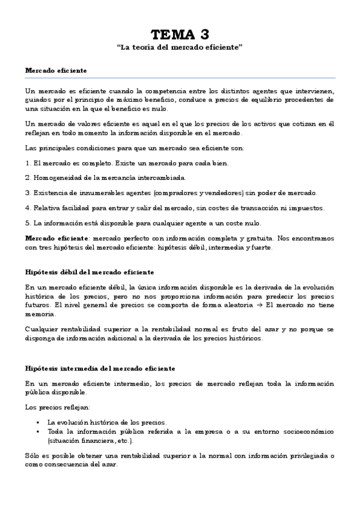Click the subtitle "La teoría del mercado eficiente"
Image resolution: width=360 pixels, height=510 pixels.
pos(180,47)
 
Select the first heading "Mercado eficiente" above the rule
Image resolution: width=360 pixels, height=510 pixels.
pos(55,70)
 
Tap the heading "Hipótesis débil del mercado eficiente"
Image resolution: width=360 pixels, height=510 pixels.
pos(90,272)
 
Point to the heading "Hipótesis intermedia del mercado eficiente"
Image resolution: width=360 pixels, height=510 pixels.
pos(100,367)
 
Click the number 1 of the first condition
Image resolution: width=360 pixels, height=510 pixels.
pos(27,163)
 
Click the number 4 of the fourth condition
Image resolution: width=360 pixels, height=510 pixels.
pos(27,207)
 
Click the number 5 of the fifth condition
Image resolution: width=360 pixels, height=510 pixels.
pos(27,223)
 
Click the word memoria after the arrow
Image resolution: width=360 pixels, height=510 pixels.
pos(39,313)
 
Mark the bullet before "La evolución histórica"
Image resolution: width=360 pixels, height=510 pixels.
pos(38,422)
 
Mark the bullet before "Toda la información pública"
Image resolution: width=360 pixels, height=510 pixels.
pos(38,432)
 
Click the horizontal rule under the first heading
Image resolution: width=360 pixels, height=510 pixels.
pos(180,78)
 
